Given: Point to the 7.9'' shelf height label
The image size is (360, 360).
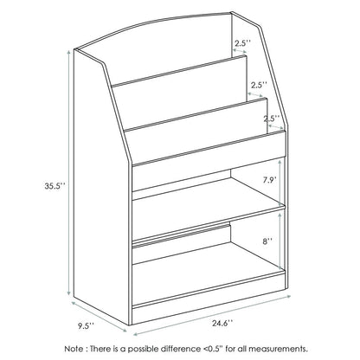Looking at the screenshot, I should point(268,181).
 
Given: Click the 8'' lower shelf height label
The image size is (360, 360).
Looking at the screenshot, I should point(267,243).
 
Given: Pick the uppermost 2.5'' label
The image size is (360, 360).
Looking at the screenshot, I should point(242,42).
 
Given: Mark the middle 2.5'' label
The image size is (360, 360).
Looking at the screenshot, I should point(258,86).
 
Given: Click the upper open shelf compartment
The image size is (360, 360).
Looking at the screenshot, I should point(208,186).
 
